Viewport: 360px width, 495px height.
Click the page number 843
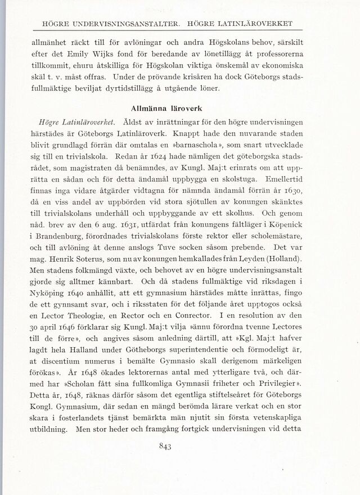coord(180,447)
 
